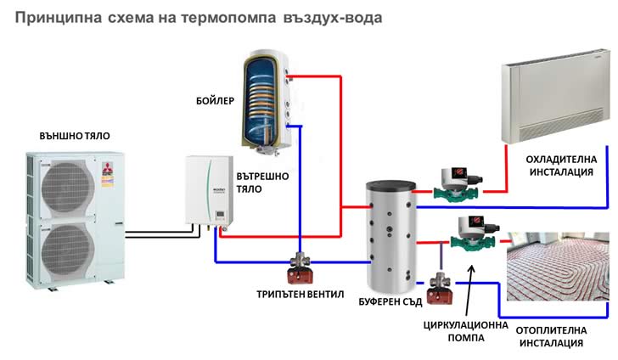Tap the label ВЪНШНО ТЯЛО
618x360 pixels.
point(75,135)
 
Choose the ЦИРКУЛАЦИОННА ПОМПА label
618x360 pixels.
point(464,331)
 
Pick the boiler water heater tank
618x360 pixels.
point(265,93)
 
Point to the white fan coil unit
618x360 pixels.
point(555,102)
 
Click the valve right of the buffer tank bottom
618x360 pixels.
point(440,286)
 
